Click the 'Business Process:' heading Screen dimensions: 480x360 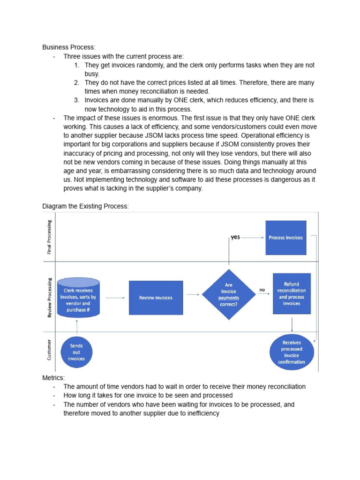tap(69, 47)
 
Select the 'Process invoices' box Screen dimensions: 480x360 tap(285, 238)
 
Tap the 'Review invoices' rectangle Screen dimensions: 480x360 tap(156, 298)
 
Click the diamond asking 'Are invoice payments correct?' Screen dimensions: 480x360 tap(228, 295)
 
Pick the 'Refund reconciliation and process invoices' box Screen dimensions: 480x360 tap(291, 294)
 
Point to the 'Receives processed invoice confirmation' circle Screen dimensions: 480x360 tap(291, 352)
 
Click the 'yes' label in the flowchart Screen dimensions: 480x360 tap(235, 237)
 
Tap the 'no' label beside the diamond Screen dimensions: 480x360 tap(262, 290)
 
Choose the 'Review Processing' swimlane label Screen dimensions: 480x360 tap(49, 297)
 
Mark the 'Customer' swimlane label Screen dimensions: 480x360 tap(49, 351)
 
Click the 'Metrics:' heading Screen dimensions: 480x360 tap(54, 378)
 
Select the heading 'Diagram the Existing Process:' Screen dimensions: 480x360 tap(85, 206)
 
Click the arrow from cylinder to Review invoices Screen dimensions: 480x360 tap(114, 298)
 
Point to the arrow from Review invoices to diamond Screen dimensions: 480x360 tap(192, 295)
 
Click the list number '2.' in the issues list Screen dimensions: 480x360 tap(77, 82)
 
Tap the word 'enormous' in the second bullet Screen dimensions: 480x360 tap(156, 118)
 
